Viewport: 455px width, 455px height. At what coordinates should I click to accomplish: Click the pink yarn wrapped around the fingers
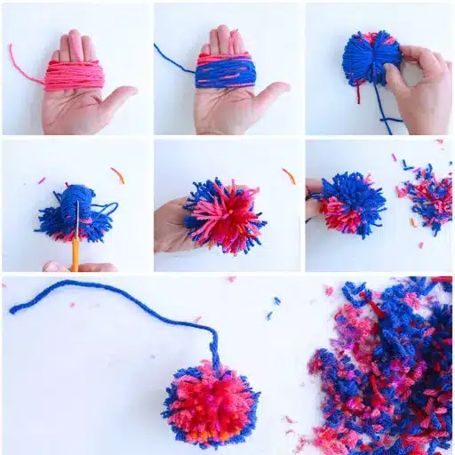point(76,76)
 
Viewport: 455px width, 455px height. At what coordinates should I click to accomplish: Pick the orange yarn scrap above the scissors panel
point(117,175)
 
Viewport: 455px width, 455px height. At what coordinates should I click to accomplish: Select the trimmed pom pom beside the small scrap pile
point(348,205)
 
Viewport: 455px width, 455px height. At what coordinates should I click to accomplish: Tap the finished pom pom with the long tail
point(211,403)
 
